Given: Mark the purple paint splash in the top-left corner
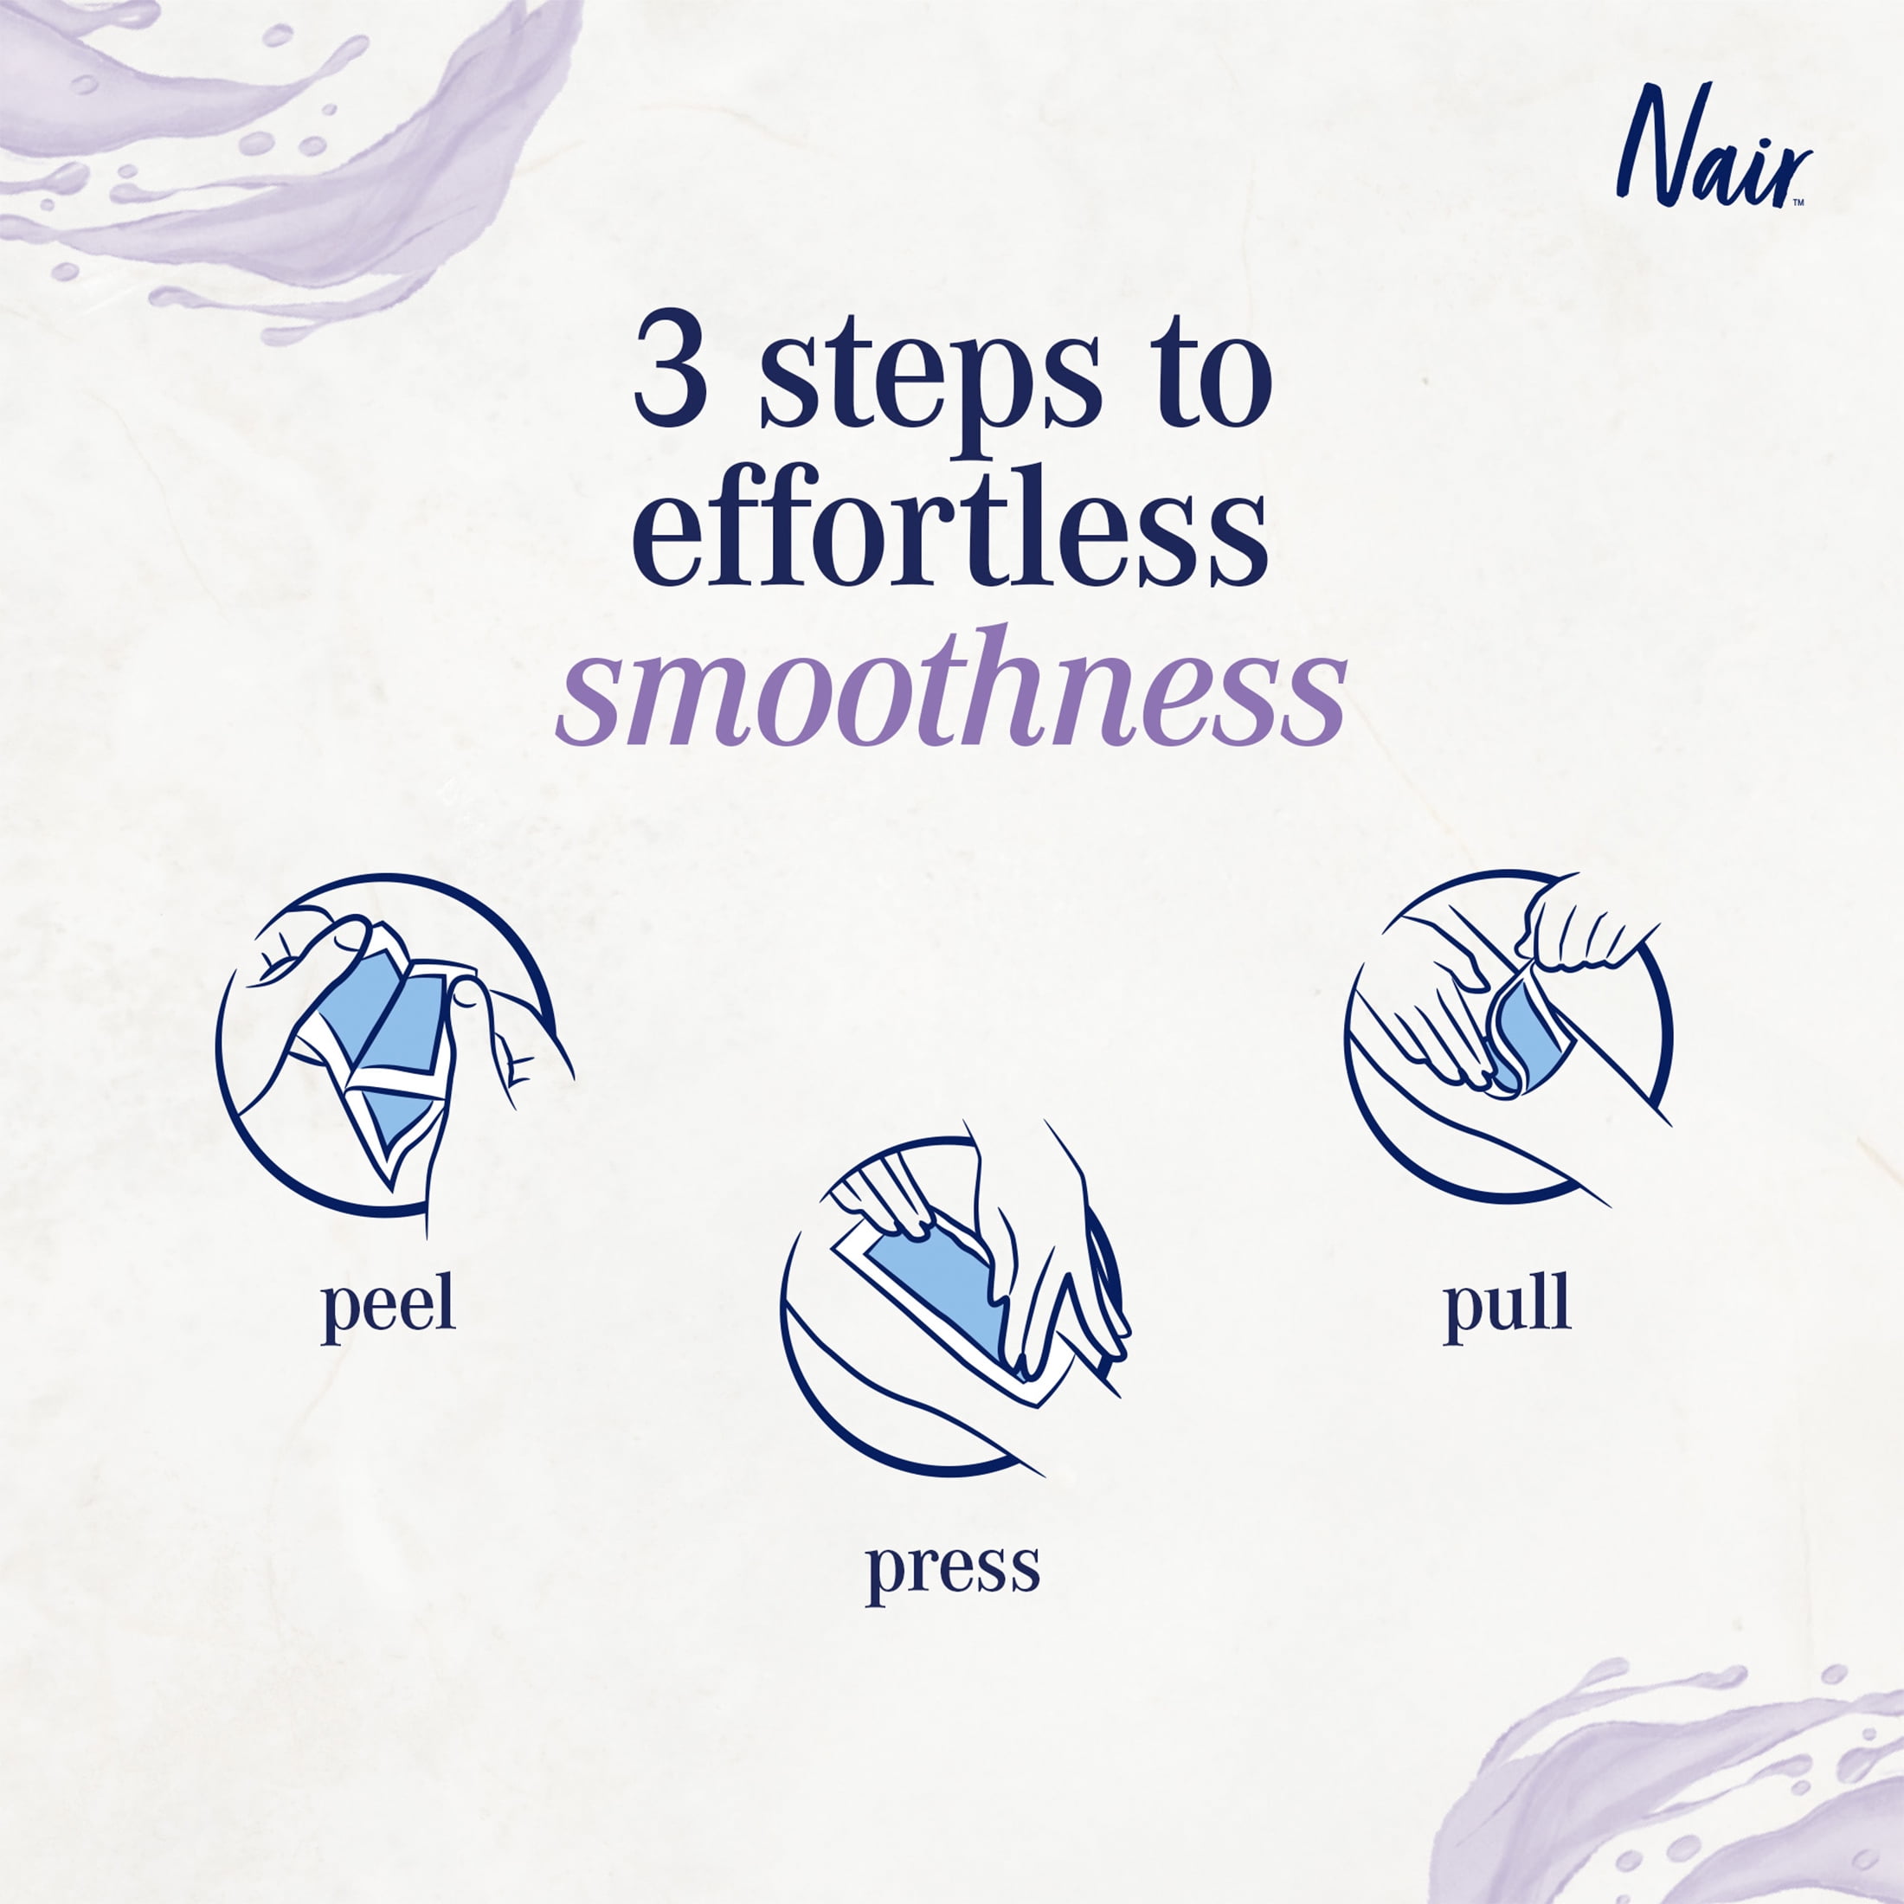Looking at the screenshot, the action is tap(276, 148).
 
